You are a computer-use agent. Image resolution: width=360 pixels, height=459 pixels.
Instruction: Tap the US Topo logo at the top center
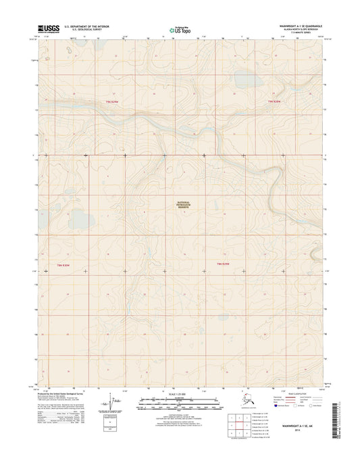(x=180, y=29)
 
